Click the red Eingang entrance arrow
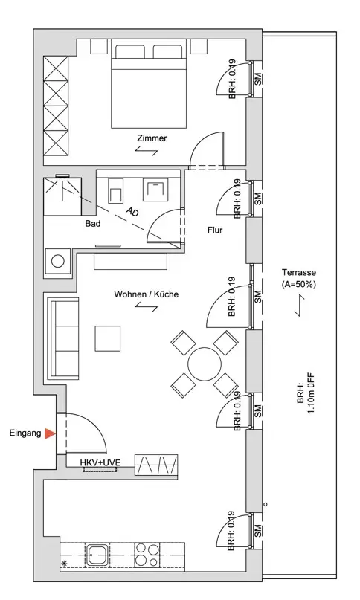tap(50, 433)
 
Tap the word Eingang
tap(25, 433)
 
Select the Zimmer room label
tap(152, 138)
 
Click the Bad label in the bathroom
tap(93, 224)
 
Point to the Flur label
tap(215, 230)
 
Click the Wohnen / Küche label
tap(147, 294)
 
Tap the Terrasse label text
tap(299, 272)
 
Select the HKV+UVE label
tap(100, 462)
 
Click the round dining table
tap(205, 364)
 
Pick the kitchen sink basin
tap(97, 555)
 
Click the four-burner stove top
tap(147, 555)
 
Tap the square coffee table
tap(108, 338)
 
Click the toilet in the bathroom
tap(115, 191)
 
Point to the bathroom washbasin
tap(155, 190)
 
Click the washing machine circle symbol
tap(58, 262)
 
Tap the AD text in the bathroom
tap(132, 212)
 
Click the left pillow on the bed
tap(130, 51)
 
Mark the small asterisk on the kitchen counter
tap(63, 564)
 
